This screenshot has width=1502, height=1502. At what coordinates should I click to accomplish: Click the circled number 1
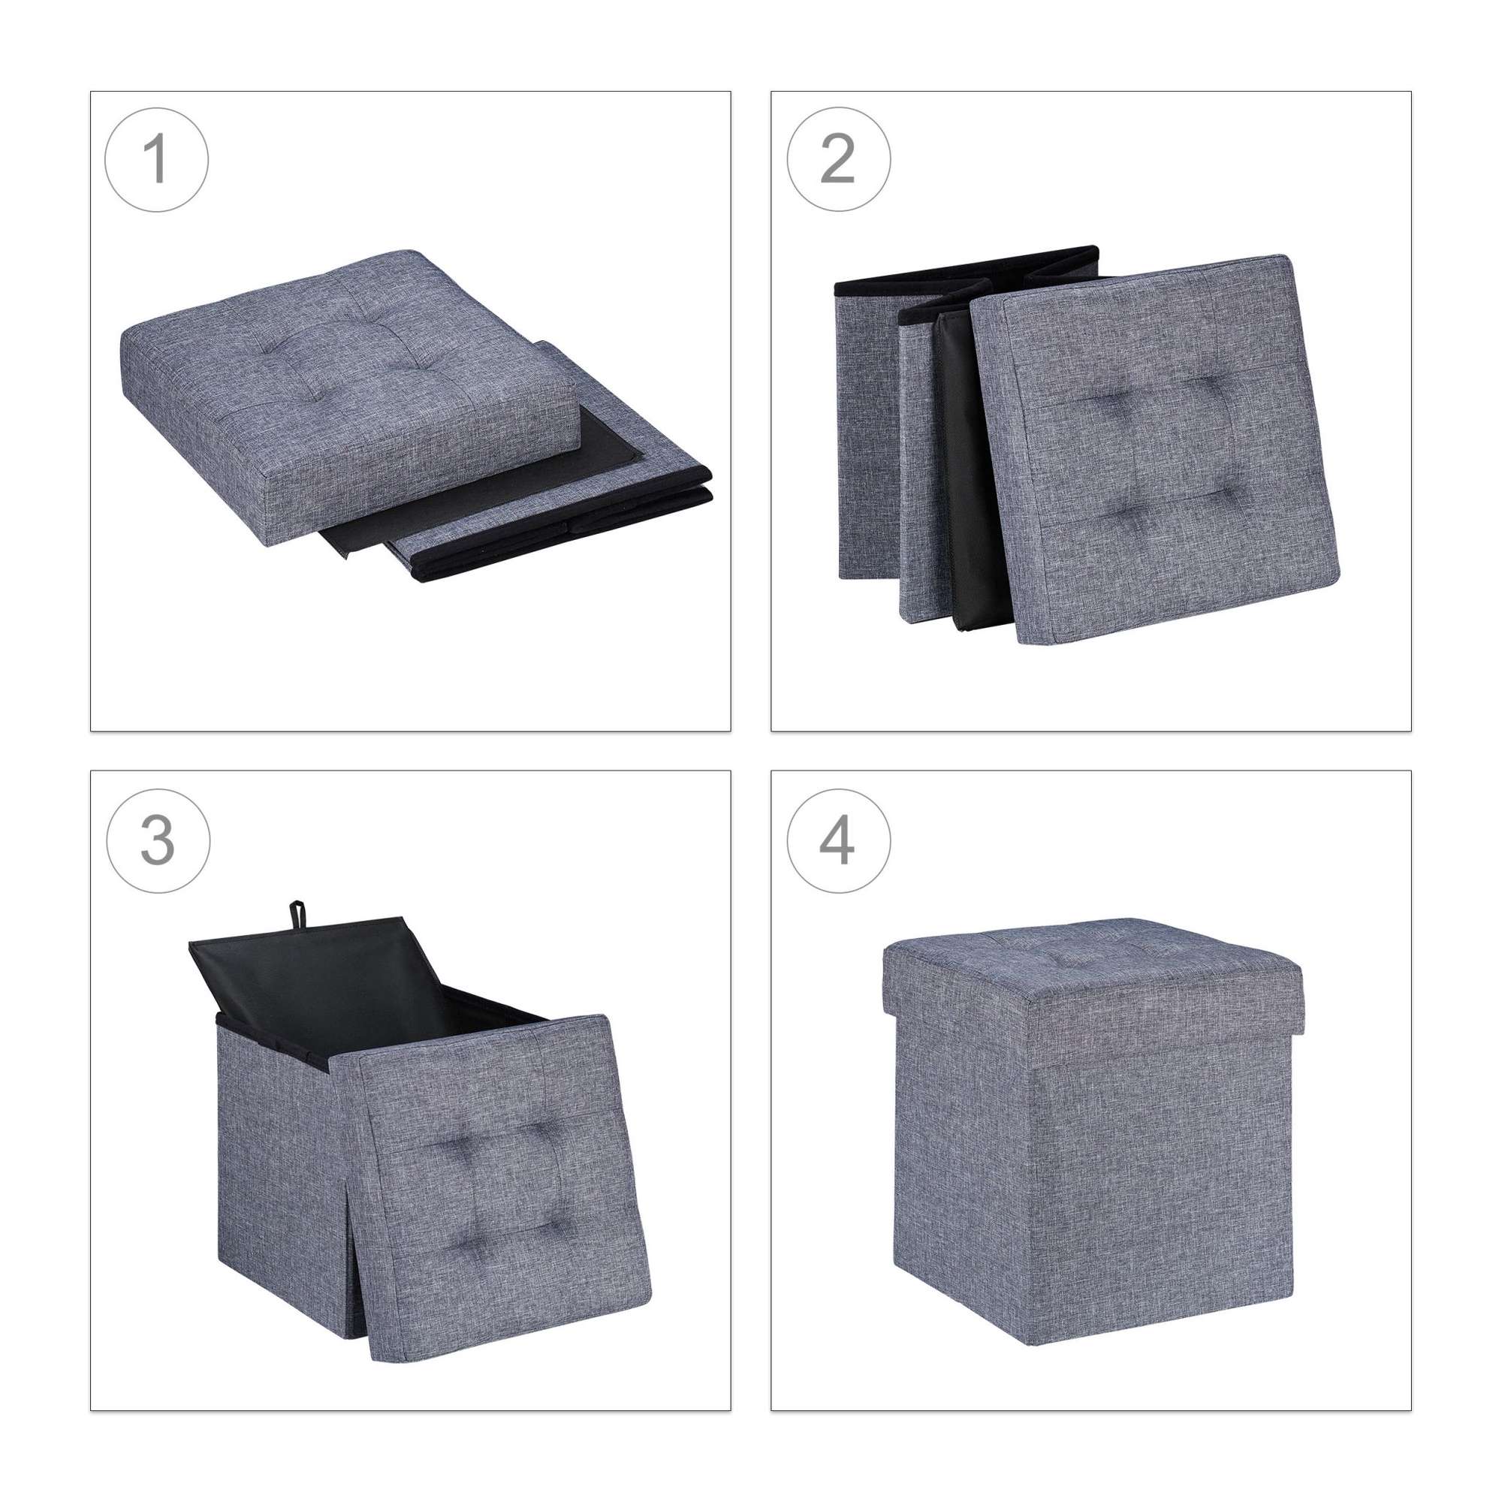click(156, 159)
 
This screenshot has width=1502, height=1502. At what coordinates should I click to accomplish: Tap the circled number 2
click(838, 159)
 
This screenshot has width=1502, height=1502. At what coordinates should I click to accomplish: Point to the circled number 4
click(838, 840)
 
